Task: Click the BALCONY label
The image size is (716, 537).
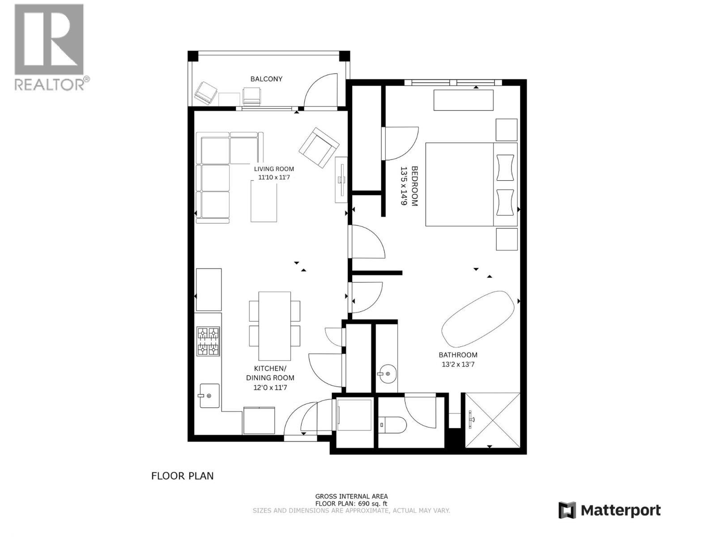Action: [x=266, y=79]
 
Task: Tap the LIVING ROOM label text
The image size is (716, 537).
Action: [x=274, y=169]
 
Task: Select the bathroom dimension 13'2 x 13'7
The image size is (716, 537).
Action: [x=458, y=364]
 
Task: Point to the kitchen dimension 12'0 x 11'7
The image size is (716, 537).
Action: [x=270, y=388]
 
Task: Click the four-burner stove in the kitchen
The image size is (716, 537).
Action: [x=209, y=341]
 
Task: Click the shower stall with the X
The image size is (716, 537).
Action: [x=493, y=420]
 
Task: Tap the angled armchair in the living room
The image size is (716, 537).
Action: [x=319, y=148]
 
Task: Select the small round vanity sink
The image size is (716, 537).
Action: [x=386, y=373]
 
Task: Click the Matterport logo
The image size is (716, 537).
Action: [x=609, y=510]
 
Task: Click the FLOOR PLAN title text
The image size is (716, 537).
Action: [x=182, y=476]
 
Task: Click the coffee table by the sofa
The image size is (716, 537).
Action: [x=264, y=203]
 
